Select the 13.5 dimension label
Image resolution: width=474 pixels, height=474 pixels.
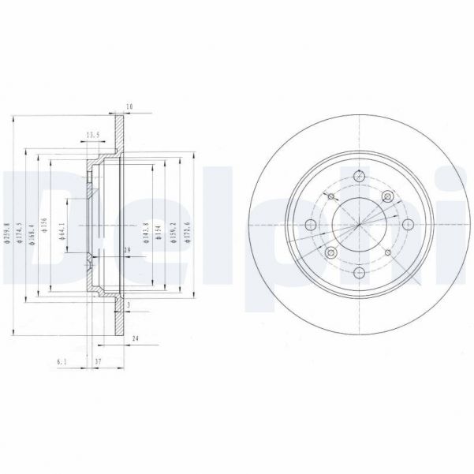pyautogui.click(x=91, y=136)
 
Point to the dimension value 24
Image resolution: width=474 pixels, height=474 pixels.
pyautogui.click(x=136, y=338)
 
